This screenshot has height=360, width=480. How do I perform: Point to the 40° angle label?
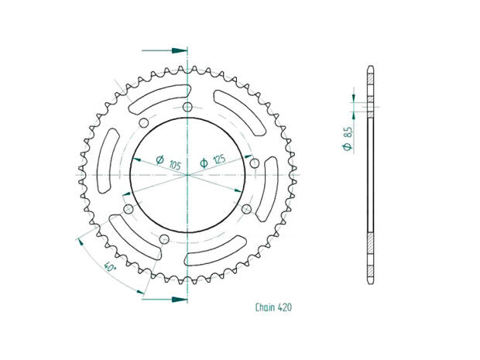pyautogui.click(x=109, y=268)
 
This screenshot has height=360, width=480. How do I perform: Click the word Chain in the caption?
pyautogui.click(x=266, y=307)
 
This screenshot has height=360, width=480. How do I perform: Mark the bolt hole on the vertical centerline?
pyautogui.click(x=188, y=107)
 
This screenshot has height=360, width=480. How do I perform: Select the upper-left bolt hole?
pyautogui.click(x=144, y=123)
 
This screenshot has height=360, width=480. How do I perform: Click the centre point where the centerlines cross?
pyautogui.click(x=188, y=175)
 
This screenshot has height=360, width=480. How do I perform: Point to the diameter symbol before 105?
pyautogui.click(x=159, y=162)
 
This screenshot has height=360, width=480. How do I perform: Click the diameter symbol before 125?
pyautogui.click(x=203, y=162)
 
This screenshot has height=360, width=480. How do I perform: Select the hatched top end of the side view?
pyautogui.click(x=370, y=78)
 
